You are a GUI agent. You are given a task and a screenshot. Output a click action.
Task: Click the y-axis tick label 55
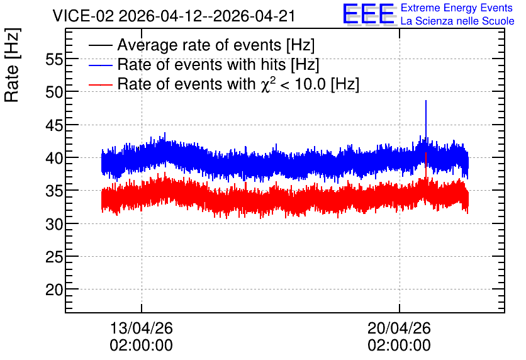pyautogui.click(x=54, y=60)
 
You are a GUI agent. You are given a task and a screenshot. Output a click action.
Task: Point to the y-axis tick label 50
pyautogui.click(x=54, y=93)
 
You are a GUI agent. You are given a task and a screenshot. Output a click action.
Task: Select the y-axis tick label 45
pyautogui.click(x=54, y=125)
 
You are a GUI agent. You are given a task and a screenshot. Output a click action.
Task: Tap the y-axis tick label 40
pyautogui.click(x=54, y=158)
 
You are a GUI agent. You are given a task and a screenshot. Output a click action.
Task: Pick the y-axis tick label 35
pyautogui.click(x=54, y=191)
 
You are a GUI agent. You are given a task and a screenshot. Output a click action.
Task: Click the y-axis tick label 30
pyautogui.click(x=54, y=224)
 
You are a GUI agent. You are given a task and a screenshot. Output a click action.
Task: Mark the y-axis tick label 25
pyautogui.click(x=54, y=257)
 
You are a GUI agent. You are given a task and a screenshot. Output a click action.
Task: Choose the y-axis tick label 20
pyautogui.click(x=54, y=290)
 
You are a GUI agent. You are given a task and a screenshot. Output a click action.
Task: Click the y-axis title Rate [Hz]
pyautogui.click(x=12, y=65)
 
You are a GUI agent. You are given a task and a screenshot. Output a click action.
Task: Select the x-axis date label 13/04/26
pyautogui.click(x=141, y=328)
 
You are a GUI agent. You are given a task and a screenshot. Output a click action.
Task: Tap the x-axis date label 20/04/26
pyautogui.click(x=399, y=328)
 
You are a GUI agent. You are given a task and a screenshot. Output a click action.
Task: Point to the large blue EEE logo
pyautogui.click(x=369, y=14)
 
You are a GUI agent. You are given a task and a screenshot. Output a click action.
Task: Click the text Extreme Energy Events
pyautogui.click(x=457, y=8)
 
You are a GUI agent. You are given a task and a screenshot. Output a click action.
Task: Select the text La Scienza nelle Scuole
pyautogui.click(x=457, y=21)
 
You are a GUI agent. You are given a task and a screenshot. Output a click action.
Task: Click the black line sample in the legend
pyautogui.click(x=100, y=45)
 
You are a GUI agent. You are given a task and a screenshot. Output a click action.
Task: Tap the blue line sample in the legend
pyautogui.click(x=100, y=65)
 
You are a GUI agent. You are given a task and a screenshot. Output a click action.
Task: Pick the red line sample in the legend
pyautogui.click(x=100, y=84)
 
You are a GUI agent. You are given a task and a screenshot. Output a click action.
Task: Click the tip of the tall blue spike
pyautogui.click(x=426, y=100)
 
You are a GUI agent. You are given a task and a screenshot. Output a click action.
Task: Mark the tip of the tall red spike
pyautogui.click(x=426, y=153)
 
